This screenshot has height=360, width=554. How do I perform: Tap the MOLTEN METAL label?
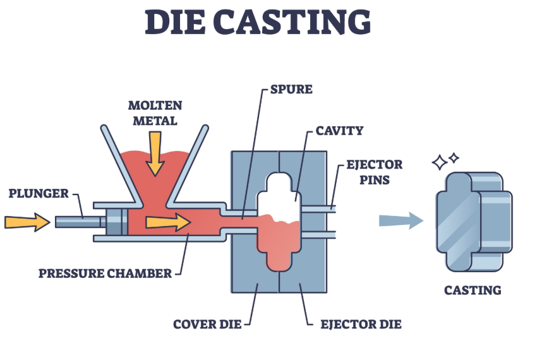(x=155, y=112)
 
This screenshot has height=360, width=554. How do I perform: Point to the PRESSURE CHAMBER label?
(x=105, y=273)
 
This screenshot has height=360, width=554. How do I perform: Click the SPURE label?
(x=291, y=89)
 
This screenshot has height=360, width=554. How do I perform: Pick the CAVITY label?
(x=340, y=131)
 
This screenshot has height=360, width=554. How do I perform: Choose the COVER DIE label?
(x=207, y=325)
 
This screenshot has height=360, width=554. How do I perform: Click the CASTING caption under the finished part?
(x=473, y=291)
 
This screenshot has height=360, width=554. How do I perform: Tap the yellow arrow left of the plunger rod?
(x=27, y=222)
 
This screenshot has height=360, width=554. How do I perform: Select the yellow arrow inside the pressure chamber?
(x=167, y=222)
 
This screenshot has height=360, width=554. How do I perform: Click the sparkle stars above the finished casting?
(x=445, y=161)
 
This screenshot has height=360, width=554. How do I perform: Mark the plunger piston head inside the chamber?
(x=117, y=222)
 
